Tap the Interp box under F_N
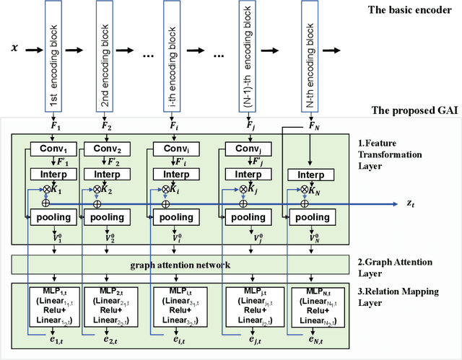[310, 175]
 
